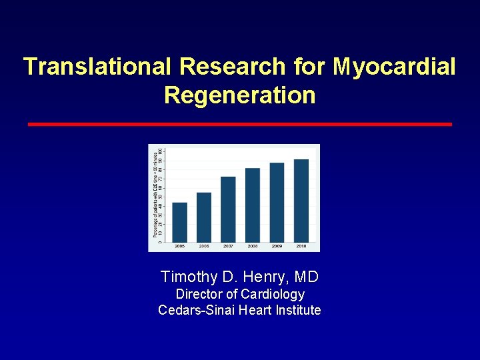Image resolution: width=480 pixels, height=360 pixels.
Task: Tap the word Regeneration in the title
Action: (239, 95)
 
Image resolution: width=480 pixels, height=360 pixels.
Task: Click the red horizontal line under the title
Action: (239, 124)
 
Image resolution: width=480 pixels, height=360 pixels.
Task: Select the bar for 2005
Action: (180, 221)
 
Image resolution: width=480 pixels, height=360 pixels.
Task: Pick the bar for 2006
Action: (204, 217)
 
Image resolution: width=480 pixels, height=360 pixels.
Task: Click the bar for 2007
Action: (228, 209)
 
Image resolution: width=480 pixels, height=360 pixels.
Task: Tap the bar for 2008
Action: (253, 205)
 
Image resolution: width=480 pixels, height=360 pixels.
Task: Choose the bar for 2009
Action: (277, 202)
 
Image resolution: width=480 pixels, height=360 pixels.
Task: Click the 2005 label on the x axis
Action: (180, 246)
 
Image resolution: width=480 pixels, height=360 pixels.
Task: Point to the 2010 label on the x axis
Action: (301, 246)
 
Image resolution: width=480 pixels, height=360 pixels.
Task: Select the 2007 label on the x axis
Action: (228, 246)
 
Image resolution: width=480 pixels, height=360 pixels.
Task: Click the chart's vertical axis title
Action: (155, 193)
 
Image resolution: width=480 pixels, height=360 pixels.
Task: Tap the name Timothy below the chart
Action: (189, 277)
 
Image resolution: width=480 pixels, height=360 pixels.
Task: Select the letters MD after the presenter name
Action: (307, 277)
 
